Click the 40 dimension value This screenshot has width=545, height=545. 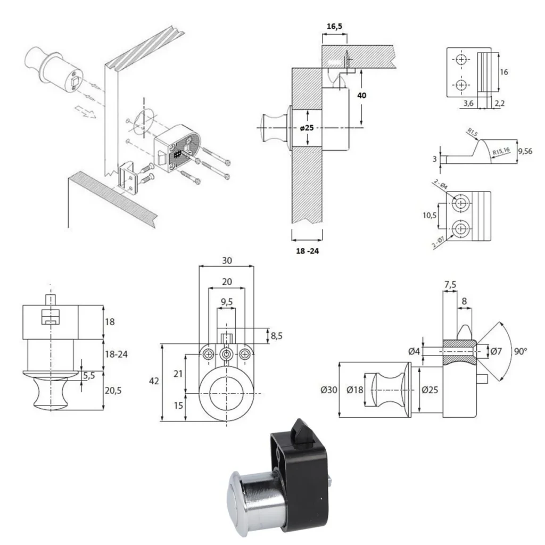tap(362, 95)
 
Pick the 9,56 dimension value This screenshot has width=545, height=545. tap(525, 151)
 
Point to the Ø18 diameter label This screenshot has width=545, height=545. tap(356, 390)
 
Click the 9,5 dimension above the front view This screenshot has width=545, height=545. tap(227, 302)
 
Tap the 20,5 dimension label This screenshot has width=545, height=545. tap(113, 390)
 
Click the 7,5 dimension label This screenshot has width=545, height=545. tap(450, 285)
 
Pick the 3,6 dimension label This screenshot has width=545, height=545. tap(468, 104)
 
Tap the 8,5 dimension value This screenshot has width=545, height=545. tap(277, 336)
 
